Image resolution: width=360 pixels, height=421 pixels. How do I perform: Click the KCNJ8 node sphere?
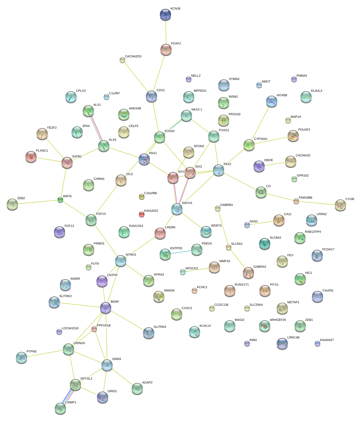point(165,15)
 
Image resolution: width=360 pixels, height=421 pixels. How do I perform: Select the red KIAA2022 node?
point(142,214)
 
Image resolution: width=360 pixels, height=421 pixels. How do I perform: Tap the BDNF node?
point(106,308)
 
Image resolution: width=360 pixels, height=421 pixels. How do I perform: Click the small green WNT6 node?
point(60,200)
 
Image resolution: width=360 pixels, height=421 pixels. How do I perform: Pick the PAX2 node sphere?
point(219,170)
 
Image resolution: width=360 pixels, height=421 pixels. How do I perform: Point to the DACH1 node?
point(177,209)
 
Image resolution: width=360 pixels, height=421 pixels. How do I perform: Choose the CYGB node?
point(340,205)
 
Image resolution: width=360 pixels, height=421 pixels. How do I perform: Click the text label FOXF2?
point(176,44)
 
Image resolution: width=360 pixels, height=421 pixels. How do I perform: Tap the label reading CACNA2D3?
point(133,57)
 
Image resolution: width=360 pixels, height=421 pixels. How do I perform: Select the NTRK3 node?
point(121,260)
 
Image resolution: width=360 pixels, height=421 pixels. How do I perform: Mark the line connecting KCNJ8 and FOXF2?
point(166,32)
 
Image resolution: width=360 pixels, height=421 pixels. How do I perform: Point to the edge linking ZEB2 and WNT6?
point(36,202)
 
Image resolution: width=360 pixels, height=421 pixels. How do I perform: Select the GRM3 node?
point(107,365)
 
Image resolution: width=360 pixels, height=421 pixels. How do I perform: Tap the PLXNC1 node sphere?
point(31,157)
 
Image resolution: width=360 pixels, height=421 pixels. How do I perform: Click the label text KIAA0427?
point(327,340)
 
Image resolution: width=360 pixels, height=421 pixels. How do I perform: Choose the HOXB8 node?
point(272,101)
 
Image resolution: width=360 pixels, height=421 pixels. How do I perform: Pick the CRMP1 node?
point(60,408)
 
